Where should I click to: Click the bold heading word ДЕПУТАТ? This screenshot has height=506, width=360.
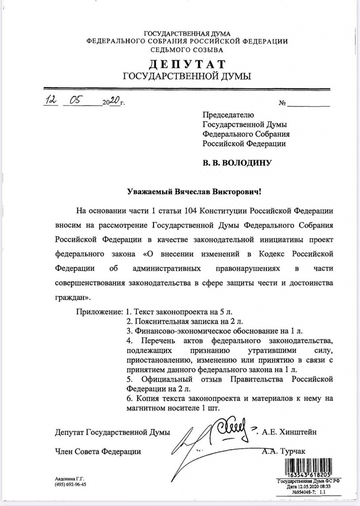[x=186, y=64]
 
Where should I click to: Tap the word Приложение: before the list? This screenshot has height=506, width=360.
[x=99, y=312]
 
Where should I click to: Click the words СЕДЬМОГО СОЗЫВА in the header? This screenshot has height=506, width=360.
[x=187, y=49]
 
